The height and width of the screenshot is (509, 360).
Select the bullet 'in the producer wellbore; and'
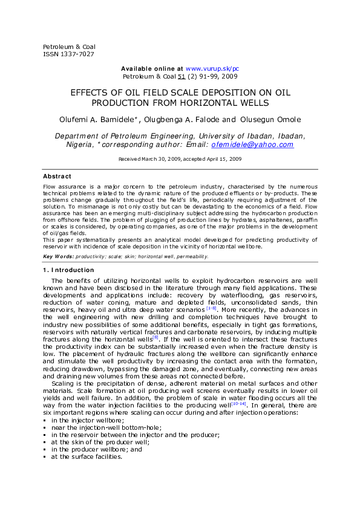pos(97,450)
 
